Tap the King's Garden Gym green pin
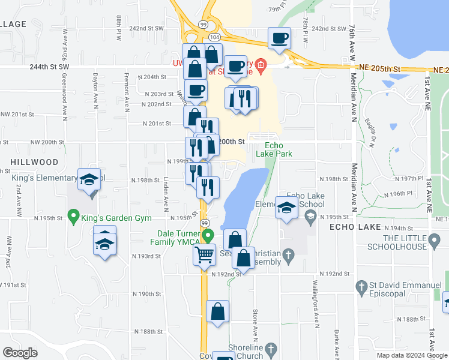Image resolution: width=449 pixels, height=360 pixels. coord(74,215)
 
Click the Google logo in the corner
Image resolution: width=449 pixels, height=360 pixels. coord(20,353)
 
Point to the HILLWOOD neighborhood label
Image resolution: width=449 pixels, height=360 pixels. coord(34,163)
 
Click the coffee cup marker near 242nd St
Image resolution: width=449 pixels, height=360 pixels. coord(280,39)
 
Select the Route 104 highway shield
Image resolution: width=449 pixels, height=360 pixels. coord(214,37)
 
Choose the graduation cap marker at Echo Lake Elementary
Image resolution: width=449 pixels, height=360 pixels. coord(286,208)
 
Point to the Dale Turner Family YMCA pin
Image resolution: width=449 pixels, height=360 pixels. coord(208,235)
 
